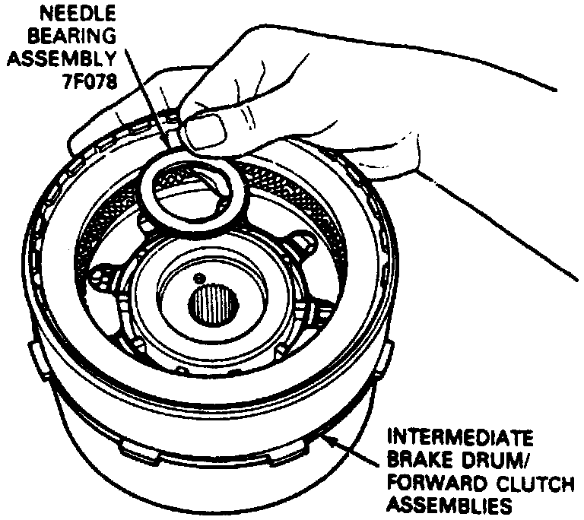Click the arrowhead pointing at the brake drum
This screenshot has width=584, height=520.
325,438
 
